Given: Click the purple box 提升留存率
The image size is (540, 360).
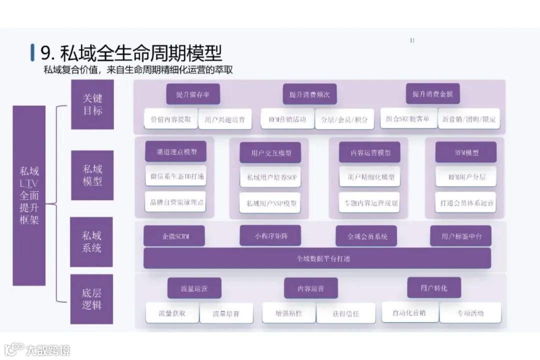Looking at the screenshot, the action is click(x=192, y=94).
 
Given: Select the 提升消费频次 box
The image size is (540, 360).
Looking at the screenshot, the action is click(x=309, y=94).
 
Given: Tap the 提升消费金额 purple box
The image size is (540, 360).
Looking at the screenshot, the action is click(x=432, y=94).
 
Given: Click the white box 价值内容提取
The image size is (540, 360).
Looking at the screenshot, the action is click(x=170, y=119).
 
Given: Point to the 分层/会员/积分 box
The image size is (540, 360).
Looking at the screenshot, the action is click(x=344, y=119).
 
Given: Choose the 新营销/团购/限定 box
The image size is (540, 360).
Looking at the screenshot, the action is click(x=468, y=119).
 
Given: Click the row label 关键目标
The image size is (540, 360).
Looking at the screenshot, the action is click(x=92, y=104).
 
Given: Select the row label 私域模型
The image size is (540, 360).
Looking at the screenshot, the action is click(x=92, y=175).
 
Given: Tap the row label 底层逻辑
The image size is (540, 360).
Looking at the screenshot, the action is click(x=92, y=298).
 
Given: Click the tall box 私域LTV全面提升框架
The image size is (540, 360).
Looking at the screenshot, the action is click(x=29, y=195).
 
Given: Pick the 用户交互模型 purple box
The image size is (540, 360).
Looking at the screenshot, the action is click(x=271, y=152).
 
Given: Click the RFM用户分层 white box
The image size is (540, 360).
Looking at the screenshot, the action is click(x=465, y=176).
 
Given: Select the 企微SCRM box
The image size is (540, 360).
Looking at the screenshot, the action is click(x=174, y=236).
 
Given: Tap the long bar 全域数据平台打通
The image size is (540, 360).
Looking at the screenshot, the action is click(x=317, y=258).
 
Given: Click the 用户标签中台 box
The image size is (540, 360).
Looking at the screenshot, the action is click(x=460, y=236).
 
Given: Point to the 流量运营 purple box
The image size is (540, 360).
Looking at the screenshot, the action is click(x=194, y=288).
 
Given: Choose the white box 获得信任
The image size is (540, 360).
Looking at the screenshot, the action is click(x=345, y=313).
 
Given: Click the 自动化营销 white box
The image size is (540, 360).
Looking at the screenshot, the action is click(x=409, y=312).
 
